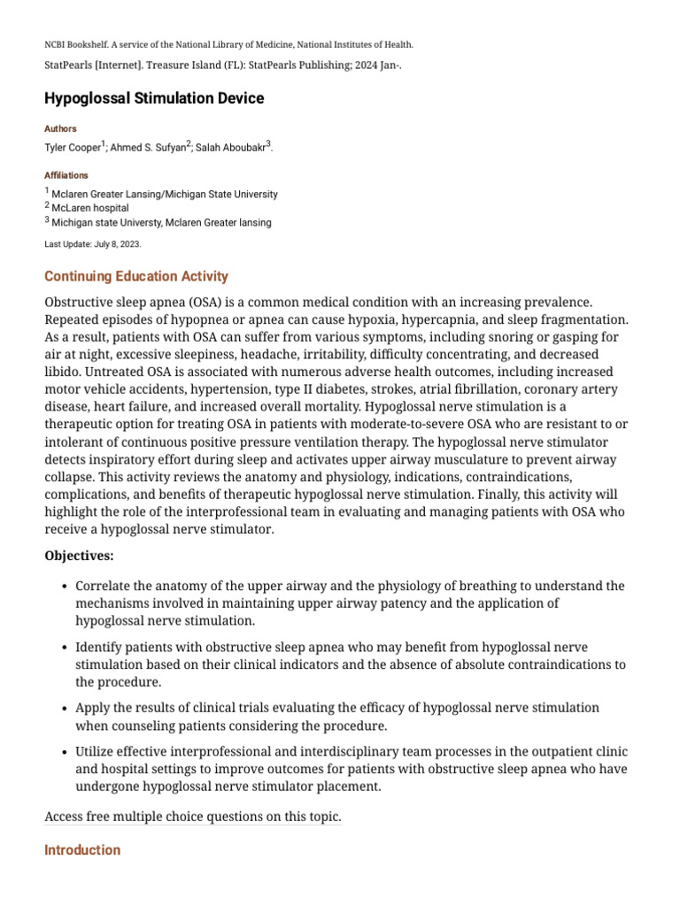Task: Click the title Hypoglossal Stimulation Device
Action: pyautogui.click(x=154, y=98)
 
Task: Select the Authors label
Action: pyautogui.click(x=60, y=128)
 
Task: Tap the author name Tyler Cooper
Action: pyautogui.click(x=73, y=148)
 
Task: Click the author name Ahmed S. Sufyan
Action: pyautogui.click(x=148, y=148)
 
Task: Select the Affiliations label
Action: pyautogui.click(x=66, y=175)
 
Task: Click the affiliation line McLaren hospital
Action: pyautogui.click(x=89, y=208)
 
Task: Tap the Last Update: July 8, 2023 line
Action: pyautogui.click(x=92, y=243)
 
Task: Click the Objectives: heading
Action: pyautogui.click(x=79, y=556)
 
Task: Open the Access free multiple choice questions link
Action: pyautogui.click(x=192, y=817)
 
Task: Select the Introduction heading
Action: pyautogui.click(x=82, y=850)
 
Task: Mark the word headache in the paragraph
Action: pyautogui.click(x=267, y=354)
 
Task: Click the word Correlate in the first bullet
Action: pyautogui.click(x=104, y=586)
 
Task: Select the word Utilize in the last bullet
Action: pyautogui.click(x=97, y=752)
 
